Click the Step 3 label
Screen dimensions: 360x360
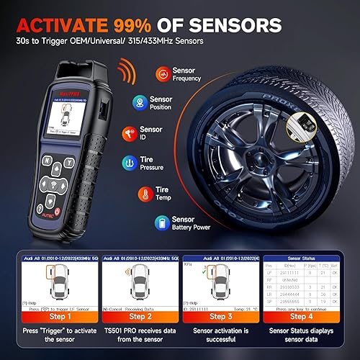click(220, 315)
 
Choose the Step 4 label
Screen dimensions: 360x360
click(301, 315)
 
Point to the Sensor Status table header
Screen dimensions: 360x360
click(301, 257)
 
